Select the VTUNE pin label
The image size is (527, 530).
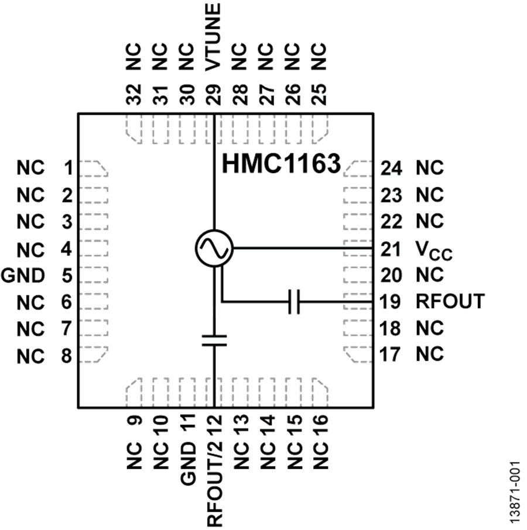point(214,36)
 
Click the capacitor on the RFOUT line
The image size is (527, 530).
point(295,302)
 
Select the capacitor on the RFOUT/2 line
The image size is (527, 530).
point(214,339)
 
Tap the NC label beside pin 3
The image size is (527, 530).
point(31,222)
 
